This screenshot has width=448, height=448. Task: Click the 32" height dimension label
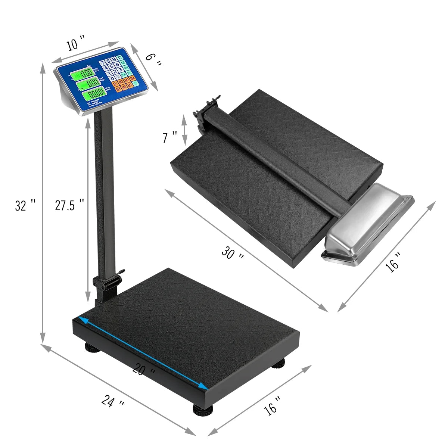25,205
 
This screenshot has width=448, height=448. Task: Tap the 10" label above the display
76,44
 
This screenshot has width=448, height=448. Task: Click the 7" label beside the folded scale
170,137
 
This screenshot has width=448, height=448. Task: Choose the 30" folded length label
233,253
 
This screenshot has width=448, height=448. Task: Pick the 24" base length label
113,402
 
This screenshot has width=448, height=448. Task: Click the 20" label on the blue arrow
144,371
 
